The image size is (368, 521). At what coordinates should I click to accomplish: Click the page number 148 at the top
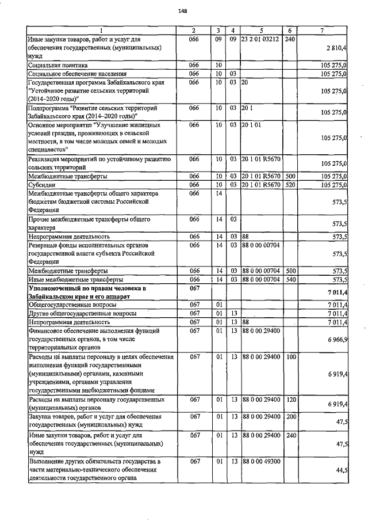point(183,11)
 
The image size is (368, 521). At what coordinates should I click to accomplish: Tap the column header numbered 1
point(101,30)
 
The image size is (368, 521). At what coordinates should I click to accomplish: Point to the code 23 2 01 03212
point(261,40)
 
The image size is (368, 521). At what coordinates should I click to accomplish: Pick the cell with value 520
point(290,185)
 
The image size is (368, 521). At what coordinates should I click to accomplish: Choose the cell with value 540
point(290,280)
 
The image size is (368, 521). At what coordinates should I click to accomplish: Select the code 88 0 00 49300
point(261,462)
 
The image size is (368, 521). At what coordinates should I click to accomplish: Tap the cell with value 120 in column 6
point(290,399)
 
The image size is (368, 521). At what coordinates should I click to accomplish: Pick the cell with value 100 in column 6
point(290,357)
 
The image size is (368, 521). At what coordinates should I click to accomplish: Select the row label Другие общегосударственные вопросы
point(83,313)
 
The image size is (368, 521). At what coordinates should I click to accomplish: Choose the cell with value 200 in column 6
point(290,416)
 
